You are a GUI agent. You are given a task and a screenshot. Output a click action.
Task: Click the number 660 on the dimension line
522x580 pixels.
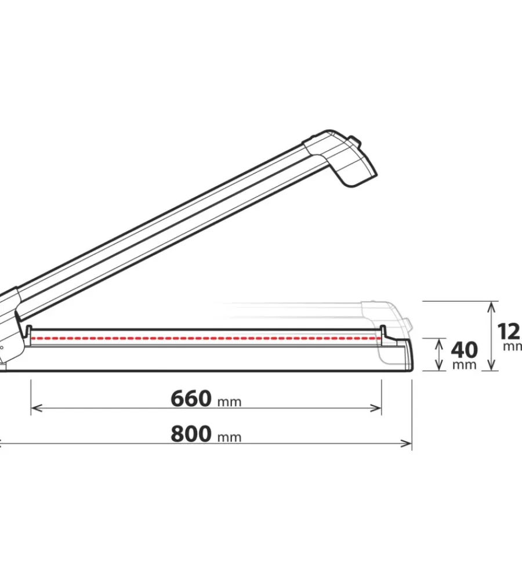tap(191, 399)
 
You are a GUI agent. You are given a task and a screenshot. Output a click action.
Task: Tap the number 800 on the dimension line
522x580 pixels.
tap(191, 434)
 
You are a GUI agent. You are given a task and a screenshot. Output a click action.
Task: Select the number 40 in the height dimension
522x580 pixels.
tap(464, 350)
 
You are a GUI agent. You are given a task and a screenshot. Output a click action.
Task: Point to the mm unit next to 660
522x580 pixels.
tap(229, 402)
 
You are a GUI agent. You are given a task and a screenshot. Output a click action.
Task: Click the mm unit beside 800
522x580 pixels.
tap(229, 437)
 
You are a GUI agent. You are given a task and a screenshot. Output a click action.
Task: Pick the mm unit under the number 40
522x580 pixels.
tap(464, 365)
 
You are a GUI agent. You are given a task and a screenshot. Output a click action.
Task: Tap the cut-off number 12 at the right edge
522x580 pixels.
tap(509, 331)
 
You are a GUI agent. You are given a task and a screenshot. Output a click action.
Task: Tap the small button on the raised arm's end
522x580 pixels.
tap(351, 141)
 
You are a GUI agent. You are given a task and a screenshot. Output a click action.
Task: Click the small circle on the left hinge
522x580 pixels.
tap(2, 347)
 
